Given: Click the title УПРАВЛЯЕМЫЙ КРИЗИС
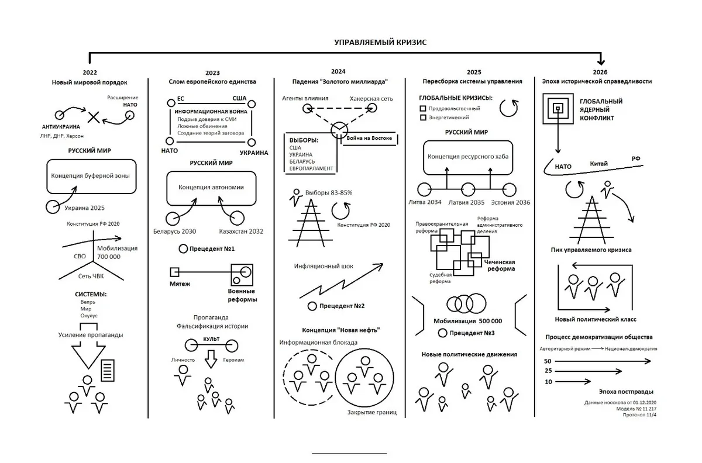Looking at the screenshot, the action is pyautogui.click(x=380, y=42).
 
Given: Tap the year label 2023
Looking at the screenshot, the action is pyautogui.click(x=212, y=73).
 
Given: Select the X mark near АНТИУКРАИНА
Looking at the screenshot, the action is pyautogui.click(x=94, y=118).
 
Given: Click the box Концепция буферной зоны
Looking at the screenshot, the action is pyautogui.click(x=91, y=177).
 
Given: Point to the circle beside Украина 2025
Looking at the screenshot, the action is pyautogui.click(x=53, y=207).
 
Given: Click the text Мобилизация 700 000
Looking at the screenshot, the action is pyautogui.click(x=117, y=253).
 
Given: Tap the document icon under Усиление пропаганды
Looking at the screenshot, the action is pyautogui.click(x=108, y=371).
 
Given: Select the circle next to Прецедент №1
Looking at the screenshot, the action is pyautogui.click(x=183, y=248).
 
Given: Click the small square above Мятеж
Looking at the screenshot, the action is pyautogui.click(x=174, y=272).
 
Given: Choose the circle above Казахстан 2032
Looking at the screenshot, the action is pyautogui.click(x=237, y=218).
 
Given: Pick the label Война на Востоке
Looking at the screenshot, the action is pyautogui.click(x=369, y=138).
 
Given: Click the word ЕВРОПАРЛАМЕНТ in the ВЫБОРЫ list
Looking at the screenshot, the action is pyautogui.click(x=311, y=168).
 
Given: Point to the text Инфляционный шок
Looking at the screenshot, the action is pyautogui.click(x=324, y=266).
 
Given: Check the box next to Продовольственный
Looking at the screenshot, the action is pyautogui.click(x=423, y=108).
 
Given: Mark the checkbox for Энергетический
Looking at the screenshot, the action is pyautogui.click(x=423, y=118).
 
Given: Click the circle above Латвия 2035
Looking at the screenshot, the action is pyautogui.click(x=468, y=190).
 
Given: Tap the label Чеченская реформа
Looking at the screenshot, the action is pyautogui.click(x=500, y=265).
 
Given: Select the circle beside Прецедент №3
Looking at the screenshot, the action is pyautogui.click(x=442, y=333).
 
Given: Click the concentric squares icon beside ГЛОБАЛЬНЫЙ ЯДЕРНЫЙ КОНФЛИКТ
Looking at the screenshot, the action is pyautogui.click(x=558, y=109).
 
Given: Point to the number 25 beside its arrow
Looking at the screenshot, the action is pyautogui.click(x=548, y=371).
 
